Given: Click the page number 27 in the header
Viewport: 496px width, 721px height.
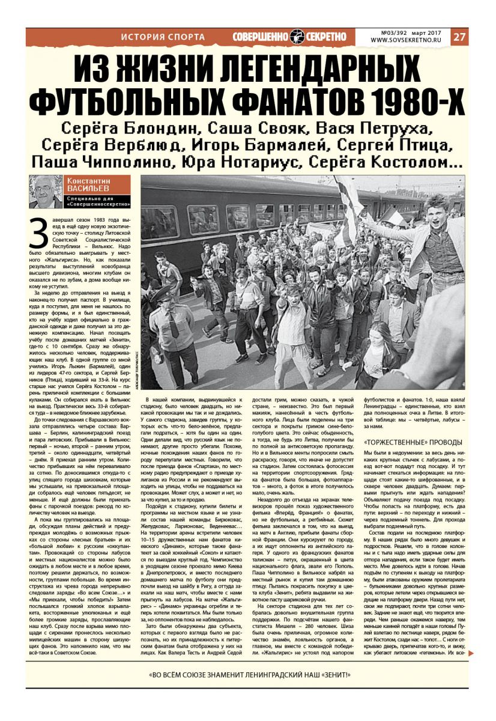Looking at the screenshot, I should (x=459, y=37).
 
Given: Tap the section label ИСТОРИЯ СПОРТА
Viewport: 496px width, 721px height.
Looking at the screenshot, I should (x=163, y=37).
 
